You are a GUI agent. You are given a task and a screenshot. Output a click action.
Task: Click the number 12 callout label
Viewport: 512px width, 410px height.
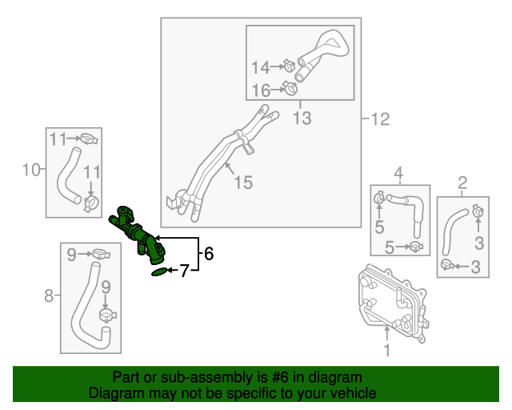(x=379, y=120)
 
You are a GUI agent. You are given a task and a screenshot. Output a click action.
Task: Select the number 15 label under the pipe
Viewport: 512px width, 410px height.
(x=242, y=183)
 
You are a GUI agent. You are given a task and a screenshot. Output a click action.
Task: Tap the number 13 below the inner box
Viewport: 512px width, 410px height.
(x=301, y=119)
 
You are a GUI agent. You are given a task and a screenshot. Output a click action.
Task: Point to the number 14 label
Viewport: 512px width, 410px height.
(x=262, y=67)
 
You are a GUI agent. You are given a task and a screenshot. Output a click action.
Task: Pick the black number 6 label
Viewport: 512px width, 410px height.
(x=209, y=254)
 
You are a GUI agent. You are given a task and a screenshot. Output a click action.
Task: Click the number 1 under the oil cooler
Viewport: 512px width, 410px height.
(x=386, y=350)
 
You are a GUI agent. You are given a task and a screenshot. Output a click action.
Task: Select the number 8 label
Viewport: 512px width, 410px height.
(x=49, y=296)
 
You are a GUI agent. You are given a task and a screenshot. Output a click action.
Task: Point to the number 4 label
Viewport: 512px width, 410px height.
(x=398, y=171)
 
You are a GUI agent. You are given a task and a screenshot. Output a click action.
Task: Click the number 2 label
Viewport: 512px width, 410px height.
(x=462, y=183)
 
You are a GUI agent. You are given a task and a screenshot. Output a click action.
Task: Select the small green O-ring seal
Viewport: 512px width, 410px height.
(x=161, y=272)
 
